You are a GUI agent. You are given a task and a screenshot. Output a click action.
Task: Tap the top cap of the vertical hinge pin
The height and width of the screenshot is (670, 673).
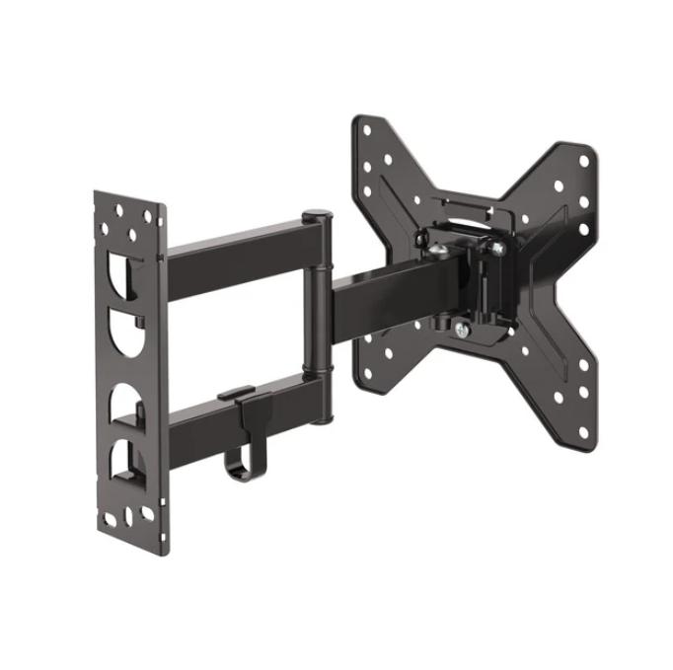(x=316, y=216)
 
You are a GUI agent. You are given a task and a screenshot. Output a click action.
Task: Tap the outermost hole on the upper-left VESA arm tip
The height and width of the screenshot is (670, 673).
(x=367, y=128)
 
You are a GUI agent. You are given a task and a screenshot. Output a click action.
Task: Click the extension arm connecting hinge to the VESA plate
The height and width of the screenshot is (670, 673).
(x=375, y=296)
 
